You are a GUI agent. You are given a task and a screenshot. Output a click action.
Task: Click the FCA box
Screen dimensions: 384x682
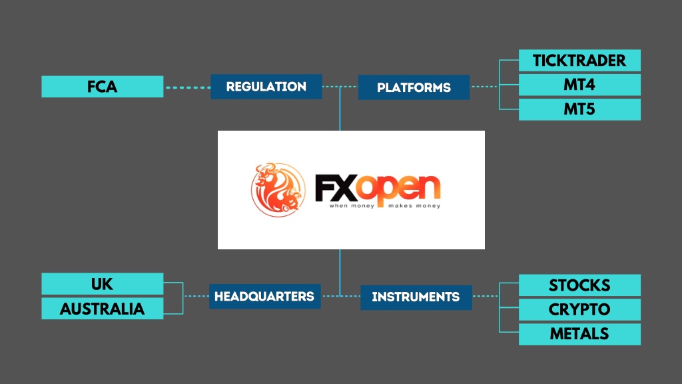pyautogui.click(x=102, y=87)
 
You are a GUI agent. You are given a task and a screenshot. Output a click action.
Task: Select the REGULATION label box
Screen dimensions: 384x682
pyautogui.click(x=266, y=87)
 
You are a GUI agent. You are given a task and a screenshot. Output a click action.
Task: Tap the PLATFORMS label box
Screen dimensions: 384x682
pyautogui.click(x=414, y=87)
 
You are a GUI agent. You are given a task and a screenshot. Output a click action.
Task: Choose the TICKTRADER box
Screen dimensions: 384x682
pyautogui.click(x=579, y=61)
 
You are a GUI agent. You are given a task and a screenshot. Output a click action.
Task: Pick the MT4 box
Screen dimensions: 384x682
pyautogui.click(x=579, y=85)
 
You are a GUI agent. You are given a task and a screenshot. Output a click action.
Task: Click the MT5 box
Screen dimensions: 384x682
pyautogui.click(x=579, y=109)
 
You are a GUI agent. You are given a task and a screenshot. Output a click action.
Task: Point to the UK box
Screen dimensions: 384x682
pyautogui.click(x=102, y=284)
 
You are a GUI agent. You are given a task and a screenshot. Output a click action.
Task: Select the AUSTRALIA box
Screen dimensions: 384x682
pyautogui.click(x=102, y=309)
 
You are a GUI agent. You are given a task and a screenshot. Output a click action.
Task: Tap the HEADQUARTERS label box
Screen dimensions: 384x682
pyautogui.click(x=264, y=296)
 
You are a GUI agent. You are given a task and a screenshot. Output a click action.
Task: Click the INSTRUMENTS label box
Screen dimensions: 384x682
pyautogui.click(x=416, y=297)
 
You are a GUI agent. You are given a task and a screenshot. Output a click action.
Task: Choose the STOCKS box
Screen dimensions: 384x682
pyautogui.click(x=579, y=285)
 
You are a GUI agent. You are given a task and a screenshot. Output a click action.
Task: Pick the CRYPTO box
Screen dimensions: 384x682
pyautogui.click(x=579, y=310)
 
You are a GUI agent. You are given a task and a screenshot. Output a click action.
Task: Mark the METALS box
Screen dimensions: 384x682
pyautogui.click(x=579, y=334)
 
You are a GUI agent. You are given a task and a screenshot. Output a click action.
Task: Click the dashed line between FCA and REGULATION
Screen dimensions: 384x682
pyautogui.click(x=187, y=87)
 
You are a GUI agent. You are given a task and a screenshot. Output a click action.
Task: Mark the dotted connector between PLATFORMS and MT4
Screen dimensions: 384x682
pyautogui.click(x=484, y=86)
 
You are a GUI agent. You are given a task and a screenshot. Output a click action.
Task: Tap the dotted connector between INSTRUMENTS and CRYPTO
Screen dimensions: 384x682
pyautogui.click(x=486, y=297)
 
